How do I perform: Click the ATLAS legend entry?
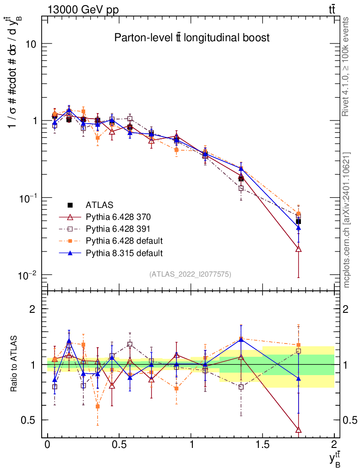pos(99,205)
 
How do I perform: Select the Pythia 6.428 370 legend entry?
pos(118,217)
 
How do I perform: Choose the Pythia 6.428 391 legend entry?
pos(118,229)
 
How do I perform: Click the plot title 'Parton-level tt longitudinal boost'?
pos(192,38)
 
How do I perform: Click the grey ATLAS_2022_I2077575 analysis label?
pos(190,274)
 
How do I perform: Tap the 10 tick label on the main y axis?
pos(30,44)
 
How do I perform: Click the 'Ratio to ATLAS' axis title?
pos(15,364)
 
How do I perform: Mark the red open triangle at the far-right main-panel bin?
pos(299,249)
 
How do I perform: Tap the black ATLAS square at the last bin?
pos(299,221)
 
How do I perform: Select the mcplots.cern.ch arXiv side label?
pos(347,220)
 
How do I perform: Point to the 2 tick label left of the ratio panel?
pos(32,309)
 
